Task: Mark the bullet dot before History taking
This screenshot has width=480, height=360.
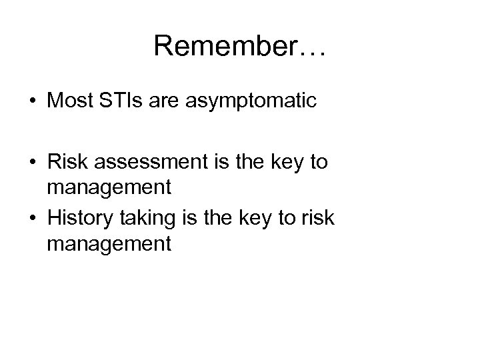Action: point(33,217)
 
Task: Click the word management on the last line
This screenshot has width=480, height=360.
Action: point(109,244)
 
